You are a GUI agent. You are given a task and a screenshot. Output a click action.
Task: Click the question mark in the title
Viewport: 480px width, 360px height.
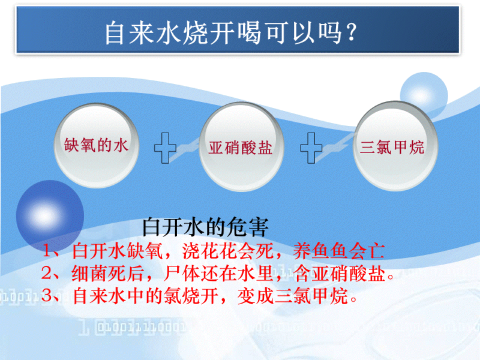(352, 32)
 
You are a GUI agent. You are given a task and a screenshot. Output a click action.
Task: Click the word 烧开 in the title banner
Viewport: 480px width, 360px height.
(209, 32)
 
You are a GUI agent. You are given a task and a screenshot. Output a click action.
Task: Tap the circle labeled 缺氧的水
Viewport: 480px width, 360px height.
(97, 145)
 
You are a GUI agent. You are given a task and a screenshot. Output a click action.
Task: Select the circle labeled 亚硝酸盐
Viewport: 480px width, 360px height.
(241, 146)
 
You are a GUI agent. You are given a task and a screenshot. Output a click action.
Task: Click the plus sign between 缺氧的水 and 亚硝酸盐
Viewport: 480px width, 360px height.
(166, 148)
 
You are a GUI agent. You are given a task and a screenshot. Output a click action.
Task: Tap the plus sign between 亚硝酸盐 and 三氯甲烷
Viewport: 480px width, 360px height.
(311, 148)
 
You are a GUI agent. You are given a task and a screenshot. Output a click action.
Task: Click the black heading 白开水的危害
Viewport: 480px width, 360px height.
(205, 227)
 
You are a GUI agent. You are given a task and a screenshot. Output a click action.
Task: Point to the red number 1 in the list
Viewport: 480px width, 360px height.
(47, 251)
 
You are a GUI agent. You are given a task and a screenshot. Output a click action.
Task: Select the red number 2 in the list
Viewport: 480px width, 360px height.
(47, 273)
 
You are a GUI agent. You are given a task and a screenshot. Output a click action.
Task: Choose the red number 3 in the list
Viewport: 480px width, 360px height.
(47, 295)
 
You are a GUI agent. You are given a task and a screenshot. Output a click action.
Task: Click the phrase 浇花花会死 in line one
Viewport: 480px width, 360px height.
(228, 251)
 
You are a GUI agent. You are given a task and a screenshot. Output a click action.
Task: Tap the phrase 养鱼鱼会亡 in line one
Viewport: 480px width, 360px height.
(338, 251)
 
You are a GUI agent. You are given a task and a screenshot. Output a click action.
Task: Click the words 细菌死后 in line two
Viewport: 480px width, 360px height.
(107, 274)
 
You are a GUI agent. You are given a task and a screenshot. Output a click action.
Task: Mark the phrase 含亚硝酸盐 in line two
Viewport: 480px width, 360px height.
(339, 274)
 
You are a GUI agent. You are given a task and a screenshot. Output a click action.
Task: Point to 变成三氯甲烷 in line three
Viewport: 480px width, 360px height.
(292, 296)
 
